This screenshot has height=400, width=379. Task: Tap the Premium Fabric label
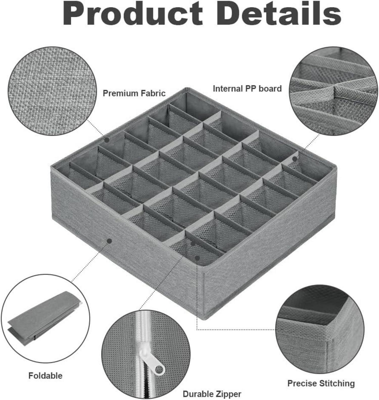134,93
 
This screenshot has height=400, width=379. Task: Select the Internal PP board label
247,89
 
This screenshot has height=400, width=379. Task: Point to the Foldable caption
45,375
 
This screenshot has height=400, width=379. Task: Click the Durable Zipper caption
212,394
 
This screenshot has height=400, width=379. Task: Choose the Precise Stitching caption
321,384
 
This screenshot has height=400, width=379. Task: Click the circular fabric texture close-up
53,91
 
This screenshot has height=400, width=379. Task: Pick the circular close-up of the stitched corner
320,329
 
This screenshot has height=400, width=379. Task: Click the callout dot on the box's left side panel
109,241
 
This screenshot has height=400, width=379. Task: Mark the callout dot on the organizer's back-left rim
107,139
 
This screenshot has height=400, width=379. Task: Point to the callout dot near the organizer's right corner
295,159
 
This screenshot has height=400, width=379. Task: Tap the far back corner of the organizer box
187,88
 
